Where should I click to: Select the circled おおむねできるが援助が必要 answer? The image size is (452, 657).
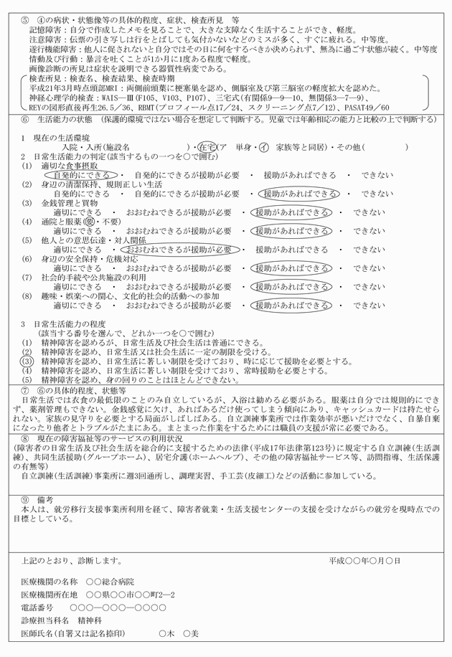(179, 249)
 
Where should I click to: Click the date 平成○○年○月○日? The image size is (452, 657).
(366, 559)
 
